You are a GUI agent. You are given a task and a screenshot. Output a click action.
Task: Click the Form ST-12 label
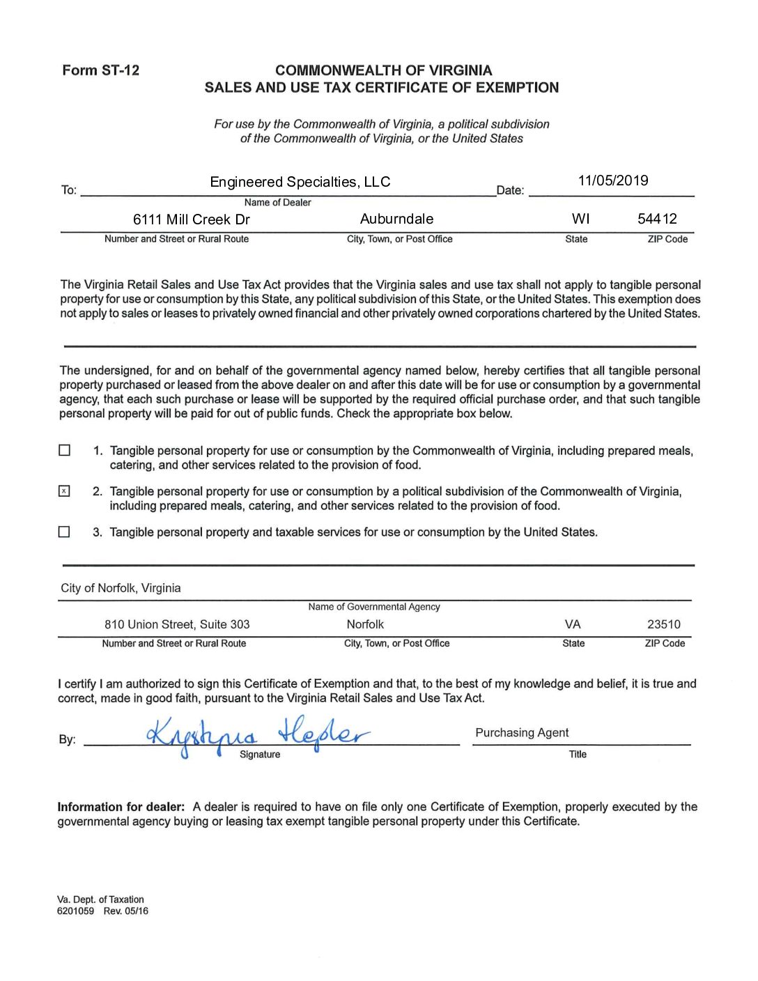100,70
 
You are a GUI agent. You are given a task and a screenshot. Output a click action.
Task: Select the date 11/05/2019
612,181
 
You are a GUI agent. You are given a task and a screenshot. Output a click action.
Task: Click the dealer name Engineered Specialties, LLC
300,183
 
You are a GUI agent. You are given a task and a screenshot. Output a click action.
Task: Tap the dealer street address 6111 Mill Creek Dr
191,219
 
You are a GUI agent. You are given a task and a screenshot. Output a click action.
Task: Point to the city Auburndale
396,219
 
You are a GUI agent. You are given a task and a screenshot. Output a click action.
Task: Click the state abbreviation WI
580,219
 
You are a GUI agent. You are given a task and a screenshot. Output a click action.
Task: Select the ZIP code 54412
657,219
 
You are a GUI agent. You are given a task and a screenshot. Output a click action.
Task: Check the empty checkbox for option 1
65,451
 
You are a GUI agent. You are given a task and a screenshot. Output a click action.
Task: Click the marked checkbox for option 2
64,491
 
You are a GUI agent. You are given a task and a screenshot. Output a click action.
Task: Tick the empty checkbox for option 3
64,532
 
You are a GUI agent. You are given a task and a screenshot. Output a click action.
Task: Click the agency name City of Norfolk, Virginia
121,588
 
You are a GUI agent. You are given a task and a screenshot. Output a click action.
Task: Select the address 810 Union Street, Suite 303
177,624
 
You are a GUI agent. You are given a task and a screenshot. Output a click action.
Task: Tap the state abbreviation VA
573,624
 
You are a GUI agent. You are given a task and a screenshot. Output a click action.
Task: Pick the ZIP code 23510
663,624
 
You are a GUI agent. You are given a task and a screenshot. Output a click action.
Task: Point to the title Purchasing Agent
522,733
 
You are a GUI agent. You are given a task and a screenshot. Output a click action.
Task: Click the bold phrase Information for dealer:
121,807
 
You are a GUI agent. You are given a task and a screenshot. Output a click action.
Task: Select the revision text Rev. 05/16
126,911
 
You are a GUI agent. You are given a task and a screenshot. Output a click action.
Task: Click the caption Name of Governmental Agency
374,607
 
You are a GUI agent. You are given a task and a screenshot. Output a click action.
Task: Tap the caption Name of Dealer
277,203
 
